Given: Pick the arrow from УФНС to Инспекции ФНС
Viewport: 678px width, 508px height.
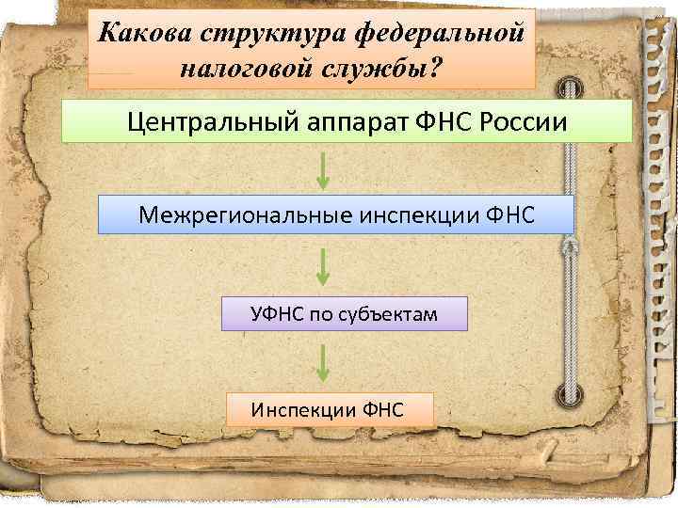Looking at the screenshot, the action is click(x=323, y=362).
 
